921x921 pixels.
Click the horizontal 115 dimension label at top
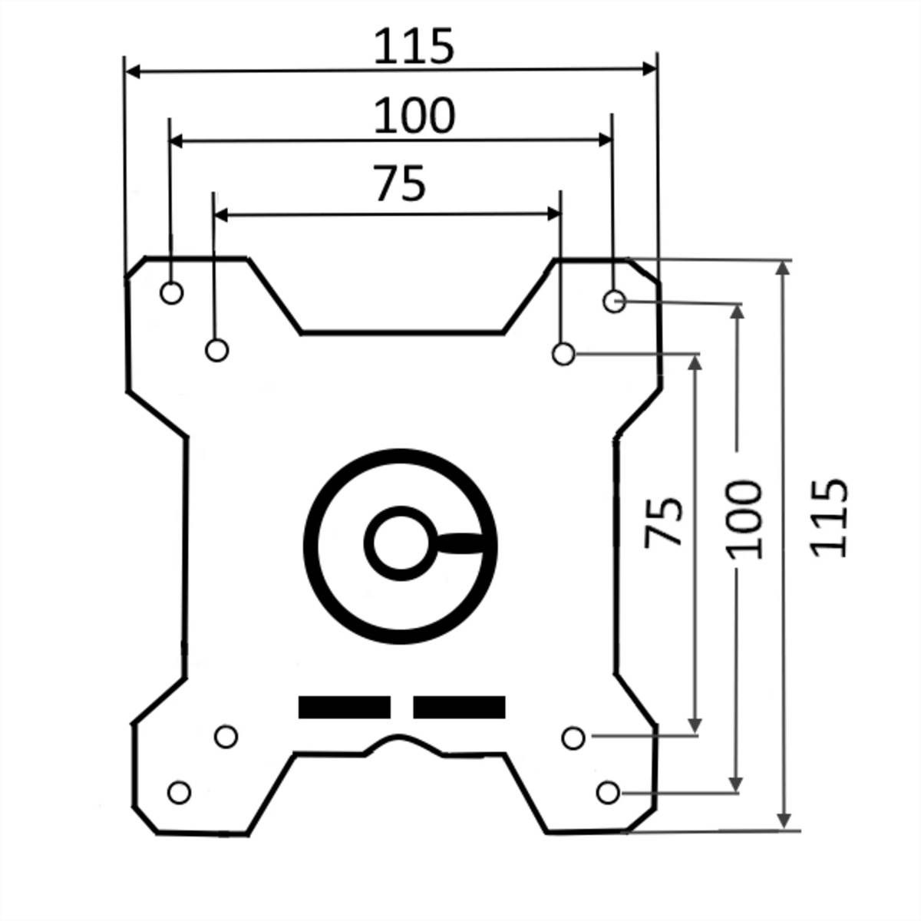[414, 47]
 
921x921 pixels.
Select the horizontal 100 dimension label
[414, 117]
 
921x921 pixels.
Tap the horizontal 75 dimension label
[399, 184]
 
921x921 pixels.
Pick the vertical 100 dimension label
[744, 519]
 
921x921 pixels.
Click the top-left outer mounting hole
[171, 292]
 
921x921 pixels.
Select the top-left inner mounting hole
[217, 350]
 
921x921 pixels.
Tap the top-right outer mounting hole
[614, 301]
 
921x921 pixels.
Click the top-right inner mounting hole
[563, 354]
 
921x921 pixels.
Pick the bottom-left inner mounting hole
[225, 737]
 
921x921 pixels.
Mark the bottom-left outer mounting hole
[179, 792]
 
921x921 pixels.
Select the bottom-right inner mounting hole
[573, 738]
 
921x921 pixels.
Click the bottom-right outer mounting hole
[608, 792]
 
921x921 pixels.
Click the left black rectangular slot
[345, 707]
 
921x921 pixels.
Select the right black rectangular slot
[459, 707]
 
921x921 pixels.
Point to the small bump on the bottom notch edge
[397, 740]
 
